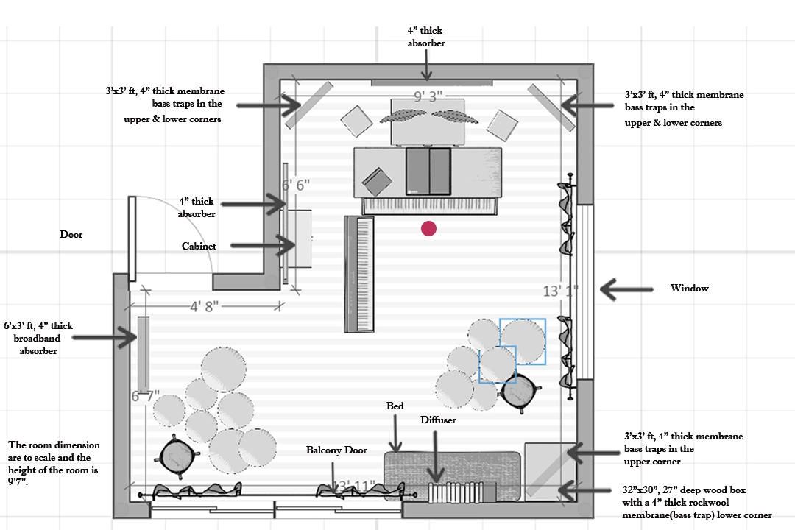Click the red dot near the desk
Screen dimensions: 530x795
coord(428,229)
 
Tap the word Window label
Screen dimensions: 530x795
coord(689,289)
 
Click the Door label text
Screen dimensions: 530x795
coord(71,235)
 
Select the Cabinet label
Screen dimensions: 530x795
coord(199,247)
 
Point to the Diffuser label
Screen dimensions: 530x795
coord(438,420)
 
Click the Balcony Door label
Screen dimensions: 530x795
coord(336,450)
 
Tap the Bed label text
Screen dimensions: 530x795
coord(395,406)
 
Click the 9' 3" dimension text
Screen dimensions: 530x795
coord(428,96)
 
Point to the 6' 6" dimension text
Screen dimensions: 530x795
coord(297,185)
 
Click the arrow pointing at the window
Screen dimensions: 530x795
coord(626,289)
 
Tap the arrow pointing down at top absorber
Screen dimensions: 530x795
coord(426,67)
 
